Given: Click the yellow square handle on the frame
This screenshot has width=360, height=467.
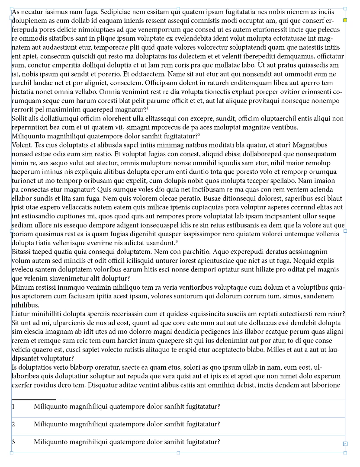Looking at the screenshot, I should pyautogui.click(x=345, y=20).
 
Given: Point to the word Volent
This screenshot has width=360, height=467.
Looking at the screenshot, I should pyautogui.click(x=21, y=145).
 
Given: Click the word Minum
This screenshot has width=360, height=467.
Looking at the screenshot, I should pyautogui.click(x=21, y=287).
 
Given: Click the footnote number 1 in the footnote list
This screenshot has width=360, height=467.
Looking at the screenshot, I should pyautogui.click(x=13, y=406).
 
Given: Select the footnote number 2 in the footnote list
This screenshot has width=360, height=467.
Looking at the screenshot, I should pyautogui.click(x=13, y=424).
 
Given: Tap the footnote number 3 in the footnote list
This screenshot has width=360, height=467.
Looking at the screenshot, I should pyautogui.click(x=13, y=442).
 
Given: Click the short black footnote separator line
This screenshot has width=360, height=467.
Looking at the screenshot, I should pyautogui.click(x=34, y=399).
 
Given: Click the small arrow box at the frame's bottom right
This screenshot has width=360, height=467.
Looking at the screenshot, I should pyautogui.click(x=345, y=444).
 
